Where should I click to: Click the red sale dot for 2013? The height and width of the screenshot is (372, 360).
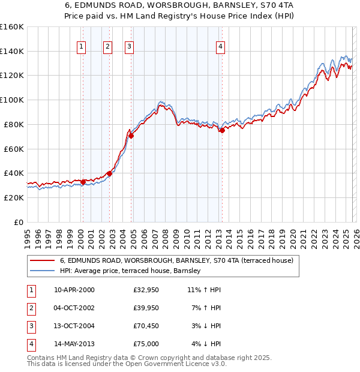pyautogui.click(x=221, y=130)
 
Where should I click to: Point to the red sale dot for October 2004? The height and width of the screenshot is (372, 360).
pyautogui.click(x=131, y=136)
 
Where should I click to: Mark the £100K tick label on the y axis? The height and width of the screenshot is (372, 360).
pyautogui.click(x=11, y=100)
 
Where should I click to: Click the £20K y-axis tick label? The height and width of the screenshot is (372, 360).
pyautogui.click(x=14, y=197)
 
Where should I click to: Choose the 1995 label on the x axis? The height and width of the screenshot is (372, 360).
pyautogui.click(x=28, y=235)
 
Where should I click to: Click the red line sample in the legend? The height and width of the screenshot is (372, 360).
pyautogui.click(x=42, y=261)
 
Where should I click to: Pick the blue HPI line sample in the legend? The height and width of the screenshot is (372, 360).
pyautogui.click(x=42, y=271)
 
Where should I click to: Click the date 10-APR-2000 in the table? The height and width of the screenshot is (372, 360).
pyautogui.click(x=74, y=290)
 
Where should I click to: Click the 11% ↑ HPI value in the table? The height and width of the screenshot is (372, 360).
pyautogui.click(x=204, y=290)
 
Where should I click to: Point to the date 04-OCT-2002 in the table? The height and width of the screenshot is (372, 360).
pyautogui.click(x=74, y=308)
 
